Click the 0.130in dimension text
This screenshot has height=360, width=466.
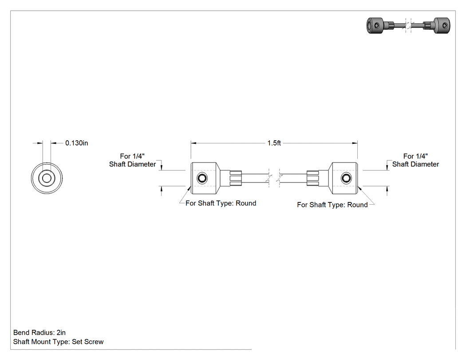[x=77, y=143]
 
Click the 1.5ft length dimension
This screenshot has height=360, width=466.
[x=274, y=143]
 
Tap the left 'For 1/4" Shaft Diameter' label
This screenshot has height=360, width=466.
[x=132, y=160]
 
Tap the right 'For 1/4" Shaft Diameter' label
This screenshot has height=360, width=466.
[x=415, y=160]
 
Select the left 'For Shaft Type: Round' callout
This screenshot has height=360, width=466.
[x=221, y=203]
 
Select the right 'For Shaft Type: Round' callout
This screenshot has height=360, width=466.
[x=332, y=205]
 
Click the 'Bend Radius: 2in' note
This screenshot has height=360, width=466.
[x=39, y=332]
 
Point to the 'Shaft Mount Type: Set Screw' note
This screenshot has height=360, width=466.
[x=58, y=342]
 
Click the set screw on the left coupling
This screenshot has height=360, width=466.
[x=202, y=178]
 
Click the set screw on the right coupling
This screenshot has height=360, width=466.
[x=346, y=178]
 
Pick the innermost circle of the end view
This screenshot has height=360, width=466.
[x=47, y=178]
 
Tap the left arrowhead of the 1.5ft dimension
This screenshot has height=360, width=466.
[x=194, y=143]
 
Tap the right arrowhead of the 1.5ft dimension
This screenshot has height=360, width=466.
[x=355, y=143]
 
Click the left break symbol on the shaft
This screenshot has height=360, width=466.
[x=269, y=178]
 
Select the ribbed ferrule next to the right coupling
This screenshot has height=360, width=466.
[x=312, y=178]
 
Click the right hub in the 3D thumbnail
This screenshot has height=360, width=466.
[x=442, y=26]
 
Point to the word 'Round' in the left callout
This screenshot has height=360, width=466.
[x=246, y=203]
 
